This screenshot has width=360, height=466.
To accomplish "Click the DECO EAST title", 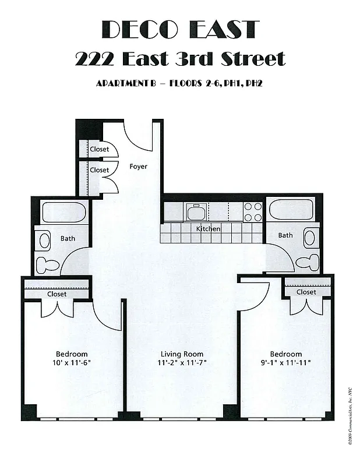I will [x=180, y=29].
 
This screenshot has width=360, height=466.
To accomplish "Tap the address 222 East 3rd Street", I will [x=180, y=58].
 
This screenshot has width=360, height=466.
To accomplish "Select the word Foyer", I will [x=138, y=167].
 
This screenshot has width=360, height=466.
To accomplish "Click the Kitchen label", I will [x=208, y=229].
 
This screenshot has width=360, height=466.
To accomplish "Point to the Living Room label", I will [x=182, y=354].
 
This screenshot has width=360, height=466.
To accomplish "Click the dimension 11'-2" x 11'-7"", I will [x=182, y=363].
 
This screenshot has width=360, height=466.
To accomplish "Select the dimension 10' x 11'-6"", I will [x=72, y=363].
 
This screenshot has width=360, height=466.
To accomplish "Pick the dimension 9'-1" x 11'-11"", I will [x=285, y=363].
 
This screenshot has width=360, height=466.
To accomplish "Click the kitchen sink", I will [x=196, y=211].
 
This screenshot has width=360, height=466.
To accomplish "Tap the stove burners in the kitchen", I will [x=253, y=211].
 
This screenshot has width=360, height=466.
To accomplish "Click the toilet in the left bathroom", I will [x=49, y=266].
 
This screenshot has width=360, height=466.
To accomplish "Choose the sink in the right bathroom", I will [x=309, y=237].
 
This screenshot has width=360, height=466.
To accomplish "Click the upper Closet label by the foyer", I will [x=99, y=149].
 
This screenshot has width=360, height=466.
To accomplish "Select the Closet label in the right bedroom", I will [x=306, y=292].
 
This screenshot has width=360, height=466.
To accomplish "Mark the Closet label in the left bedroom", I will [x=57, y=294].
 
